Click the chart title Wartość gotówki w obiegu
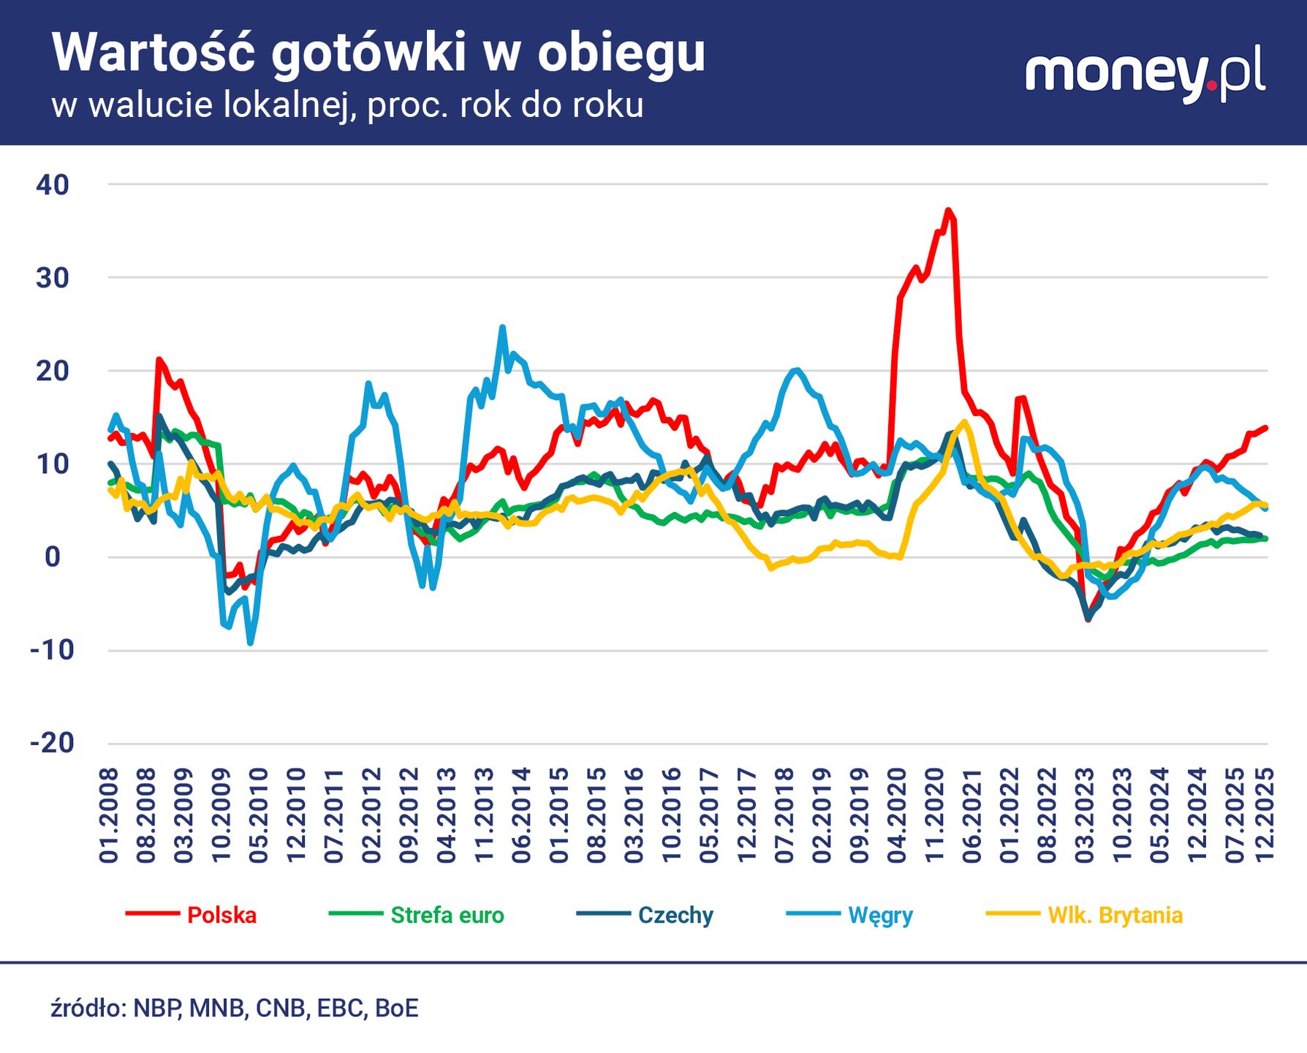pyautogui.click(x=378, y=53)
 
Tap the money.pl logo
pyautogui.click(x=1145, y=75)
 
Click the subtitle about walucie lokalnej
pyautogui.click(x=347, y=106)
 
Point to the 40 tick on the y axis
pyautogui.click(x=53, y=185)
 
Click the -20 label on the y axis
pyautogui.click(x=53, y=744)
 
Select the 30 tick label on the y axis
pyautogui.click(x=53, y=278)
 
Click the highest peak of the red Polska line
pyautogui.click(x=948, y=211)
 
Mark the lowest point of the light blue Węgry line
pyautogui.click(x=251, y=643)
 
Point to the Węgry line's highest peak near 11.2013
pyautogui.click(x=502, y=328)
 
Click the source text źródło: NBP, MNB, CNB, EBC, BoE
pyautogui.click(x=235, y=1008)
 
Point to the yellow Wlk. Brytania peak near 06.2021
pyautogui.click(x=966, y=422)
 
